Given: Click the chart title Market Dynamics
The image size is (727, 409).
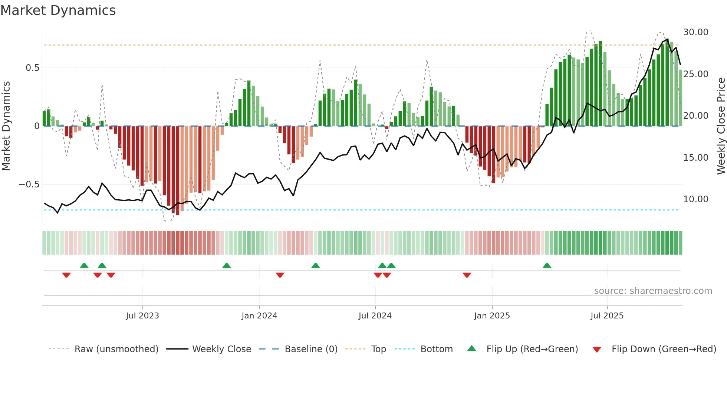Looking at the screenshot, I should tap(58, 10).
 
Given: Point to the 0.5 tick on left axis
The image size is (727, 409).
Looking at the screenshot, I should tap(32, 68).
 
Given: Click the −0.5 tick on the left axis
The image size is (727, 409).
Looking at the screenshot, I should tap(29, 184).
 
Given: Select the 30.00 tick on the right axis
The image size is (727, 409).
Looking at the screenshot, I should tap(696, 32).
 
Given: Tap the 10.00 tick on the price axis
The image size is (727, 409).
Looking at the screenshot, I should tap(696, 199).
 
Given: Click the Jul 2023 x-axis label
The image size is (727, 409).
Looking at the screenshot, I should tap(142, 316).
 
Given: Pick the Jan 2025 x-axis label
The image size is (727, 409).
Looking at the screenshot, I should tap(492, 316).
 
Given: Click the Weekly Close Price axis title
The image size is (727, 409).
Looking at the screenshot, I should tap(721, 126).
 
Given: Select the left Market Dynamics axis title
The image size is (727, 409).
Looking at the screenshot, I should tap(6, 126).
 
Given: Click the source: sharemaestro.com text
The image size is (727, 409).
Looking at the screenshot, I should tap(653, 291).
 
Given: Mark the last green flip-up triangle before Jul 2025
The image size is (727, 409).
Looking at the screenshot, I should tap(547, 266).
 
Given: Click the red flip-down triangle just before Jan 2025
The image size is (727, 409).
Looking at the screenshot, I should tap(467, 275).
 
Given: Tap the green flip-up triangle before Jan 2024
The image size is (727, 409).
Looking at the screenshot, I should tap(226, 266).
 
